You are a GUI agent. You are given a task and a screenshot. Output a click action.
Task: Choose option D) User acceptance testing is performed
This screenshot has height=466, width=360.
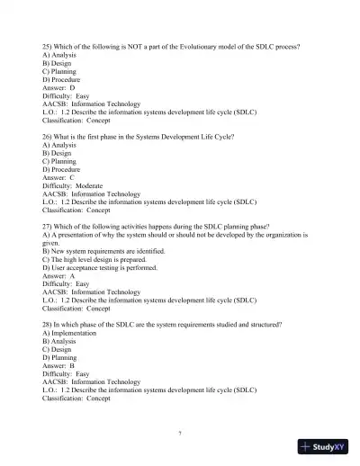tap(100, 267)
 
